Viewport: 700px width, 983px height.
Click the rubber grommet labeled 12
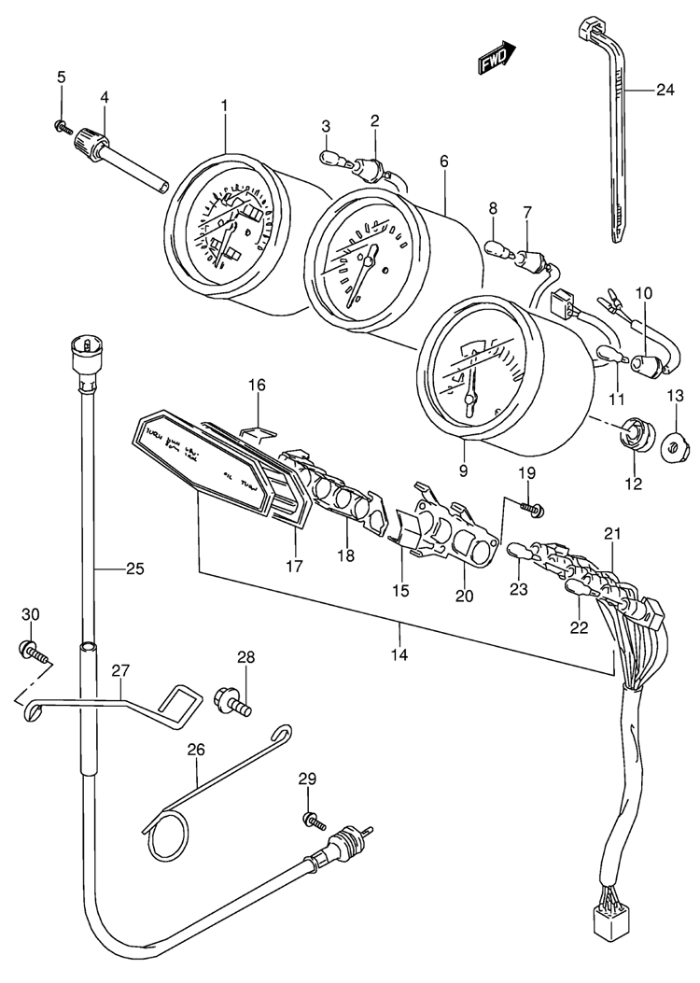point(636,434)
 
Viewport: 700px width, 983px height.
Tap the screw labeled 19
point(533,508)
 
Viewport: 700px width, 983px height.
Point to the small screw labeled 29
point(314,821)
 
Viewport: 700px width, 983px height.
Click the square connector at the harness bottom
point(607,924)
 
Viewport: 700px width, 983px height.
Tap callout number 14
point(399,654)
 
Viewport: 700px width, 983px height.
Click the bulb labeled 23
point(520,556)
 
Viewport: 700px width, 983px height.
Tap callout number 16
point(257,385)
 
